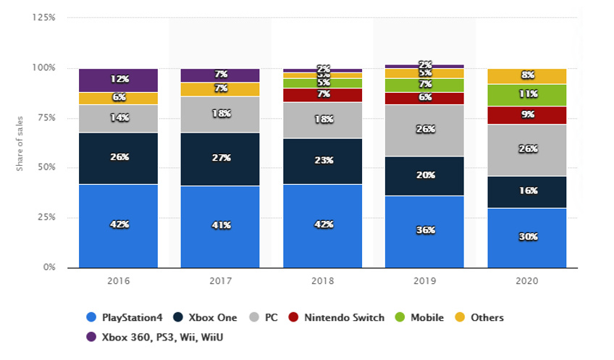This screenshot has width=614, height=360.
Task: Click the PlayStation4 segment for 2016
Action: point(119,225)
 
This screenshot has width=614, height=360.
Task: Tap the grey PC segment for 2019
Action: point(425,130)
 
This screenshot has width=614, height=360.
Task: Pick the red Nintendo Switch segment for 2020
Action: point(527,114)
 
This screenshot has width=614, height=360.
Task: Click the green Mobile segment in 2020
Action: point(527,95)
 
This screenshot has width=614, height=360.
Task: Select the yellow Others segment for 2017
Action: point(220,89)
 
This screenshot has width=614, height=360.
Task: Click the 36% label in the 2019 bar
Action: point(425,230)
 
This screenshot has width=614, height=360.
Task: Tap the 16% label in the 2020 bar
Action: point(527,191)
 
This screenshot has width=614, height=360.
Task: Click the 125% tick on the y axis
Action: point(44,17)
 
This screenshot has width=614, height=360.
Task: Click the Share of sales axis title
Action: point(21,143)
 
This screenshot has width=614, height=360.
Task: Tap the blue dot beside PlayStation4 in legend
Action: point(91,317)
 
